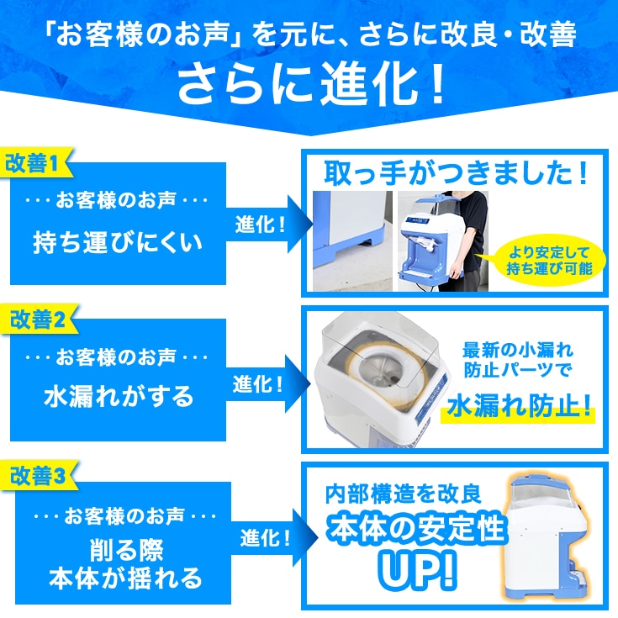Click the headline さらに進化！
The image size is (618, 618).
tap(311, 84)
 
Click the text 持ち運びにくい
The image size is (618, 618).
tap(118, 242)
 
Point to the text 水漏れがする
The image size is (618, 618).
tap(119, 397)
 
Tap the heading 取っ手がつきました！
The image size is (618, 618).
tap(456, 173)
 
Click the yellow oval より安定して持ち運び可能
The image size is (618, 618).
tap(549, 260)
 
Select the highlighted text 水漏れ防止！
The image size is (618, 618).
tap(519, 408)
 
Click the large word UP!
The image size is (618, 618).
tap(417, 569)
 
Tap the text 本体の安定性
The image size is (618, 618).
tap(416, 528)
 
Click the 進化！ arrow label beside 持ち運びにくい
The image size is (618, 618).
tap(260, 224)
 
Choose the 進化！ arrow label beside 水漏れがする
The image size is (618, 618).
tap(258, 385)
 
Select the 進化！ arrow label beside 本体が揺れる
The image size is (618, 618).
tap(266, 537)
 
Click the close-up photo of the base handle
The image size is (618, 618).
tap(352, 241)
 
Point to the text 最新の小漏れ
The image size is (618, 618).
tap(518, 350)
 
